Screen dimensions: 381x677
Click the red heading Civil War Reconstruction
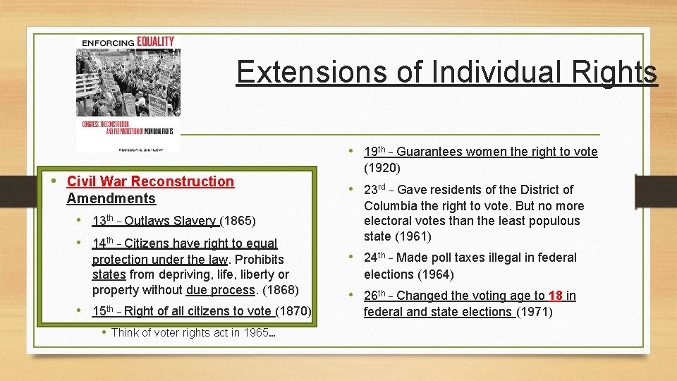coord(150,181)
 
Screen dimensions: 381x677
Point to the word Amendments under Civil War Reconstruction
coord(111,198)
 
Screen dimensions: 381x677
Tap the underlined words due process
coord(220,289)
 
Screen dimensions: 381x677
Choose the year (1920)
coord(382,168)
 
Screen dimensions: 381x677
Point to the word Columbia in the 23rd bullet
coord(389,206)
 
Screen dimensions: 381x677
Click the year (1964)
coord(435,274)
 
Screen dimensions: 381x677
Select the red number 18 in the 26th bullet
coord(555,296)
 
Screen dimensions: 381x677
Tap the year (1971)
coord(535,311)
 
